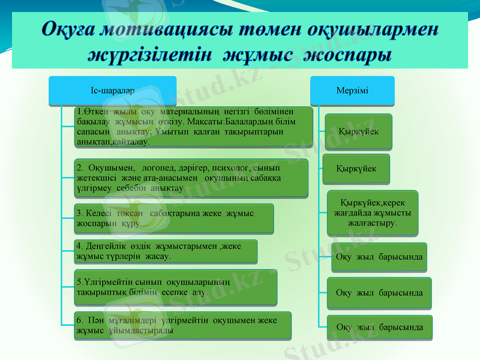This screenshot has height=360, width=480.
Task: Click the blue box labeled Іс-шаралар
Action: (112, 90)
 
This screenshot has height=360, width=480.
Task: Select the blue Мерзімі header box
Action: (352, 90)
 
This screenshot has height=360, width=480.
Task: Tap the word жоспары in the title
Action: (348, 56)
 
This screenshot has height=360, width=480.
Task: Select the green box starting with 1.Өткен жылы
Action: (194, 127)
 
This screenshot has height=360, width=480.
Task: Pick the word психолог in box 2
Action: (231, 167)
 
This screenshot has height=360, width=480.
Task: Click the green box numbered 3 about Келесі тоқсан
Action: (174, 218)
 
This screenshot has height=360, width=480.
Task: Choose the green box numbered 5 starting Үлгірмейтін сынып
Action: (176, 286)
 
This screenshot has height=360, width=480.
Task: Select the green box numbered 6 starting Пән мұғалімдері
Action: (183, 325)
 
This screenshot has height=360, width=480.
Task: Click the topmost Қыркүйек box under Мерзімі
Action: (358, 131)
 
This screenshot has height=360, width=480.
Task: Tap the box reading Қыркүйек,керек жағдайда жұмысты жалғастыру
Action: (372, 212)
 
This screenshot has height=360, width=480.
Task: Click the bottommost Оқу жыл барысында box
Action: (379, 327)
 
